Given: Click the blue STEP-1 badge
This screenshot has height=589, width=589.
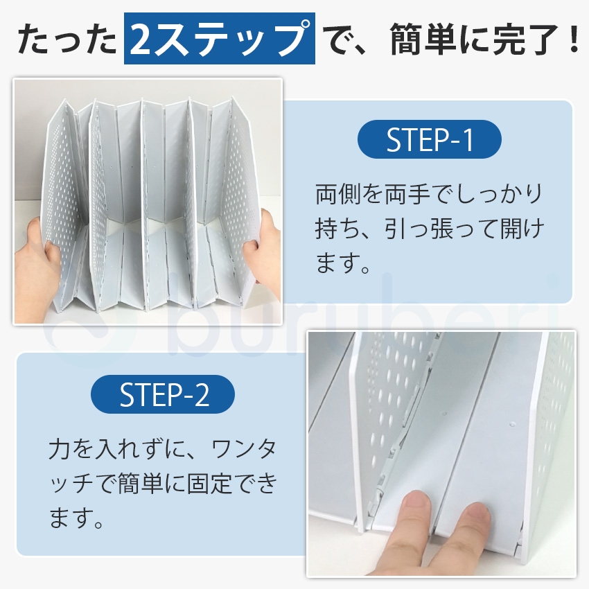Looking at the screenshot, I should tap(429, 140).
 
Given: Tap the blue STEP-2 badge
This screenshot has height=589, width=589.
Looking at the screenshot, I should tap(163, 395).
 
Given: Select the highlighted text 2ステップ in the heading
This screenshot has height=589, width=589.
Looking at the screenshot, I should tap(219, 40).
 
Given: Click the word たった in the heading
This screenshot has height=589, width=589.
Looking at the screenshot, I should tap(67, 40).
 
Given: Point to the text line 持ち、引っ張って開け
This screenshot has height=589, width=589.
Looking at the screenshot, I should tap(430, 229).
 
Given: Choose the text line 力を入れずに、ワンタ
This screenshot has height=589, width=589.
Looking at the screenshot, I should tap(163, 449).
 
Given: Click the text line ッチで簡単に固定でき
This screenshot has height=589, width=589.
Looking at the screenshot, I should tap(163, 484).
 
